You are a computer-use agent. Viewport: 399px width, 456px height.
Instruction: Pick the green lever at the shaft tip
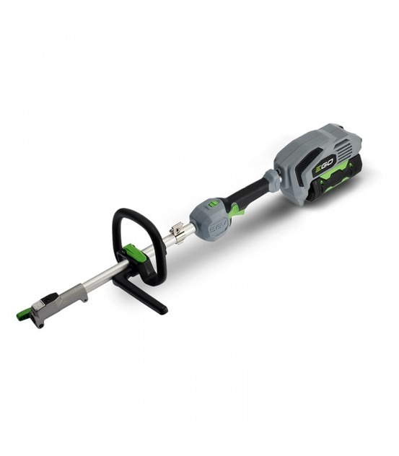[x=25, y=314]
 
